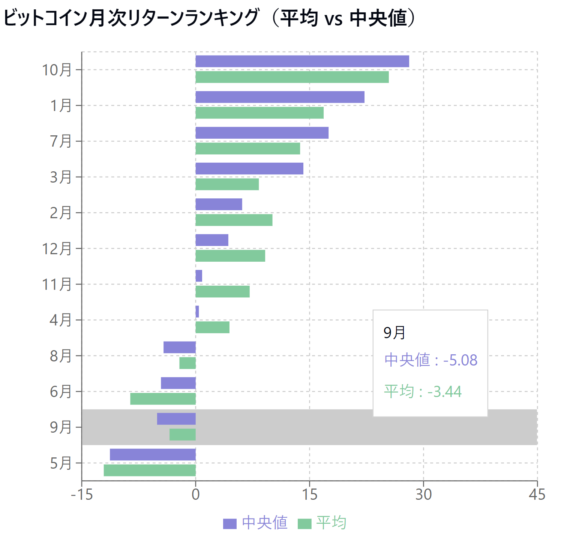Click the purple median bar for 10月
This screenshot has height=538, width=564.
tap(302, 61)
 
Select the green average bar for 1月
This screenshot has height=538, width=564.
tap(259, 113)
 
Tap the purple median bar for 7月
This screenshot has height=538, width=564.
tap(262, 133)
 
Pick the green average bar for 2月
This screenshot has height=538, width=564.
tap(234, 220)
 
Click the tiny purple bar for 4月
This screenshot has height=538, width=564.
tap(197, 312)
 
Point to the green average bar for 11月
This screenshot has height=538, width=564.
tap(222, 292)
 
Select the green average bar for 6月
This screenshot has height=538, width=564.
tap(163, 399)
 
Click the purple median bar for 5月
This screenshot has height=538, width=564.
tap(153, 455)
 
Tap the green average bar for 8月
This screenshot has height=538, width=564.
tap(187, 363)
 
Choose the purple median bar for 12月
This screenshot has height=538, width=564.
tap(212, 240)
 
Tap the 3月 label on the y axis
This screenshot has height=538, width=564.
tap(60, 177)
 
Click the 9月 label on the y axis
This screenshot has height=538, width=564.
tap(60, 427)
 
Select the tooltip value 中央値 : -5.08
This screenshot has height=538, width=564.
tap(431, 360)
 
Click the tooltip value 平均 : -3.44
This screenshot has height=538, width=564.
tap(423, 391)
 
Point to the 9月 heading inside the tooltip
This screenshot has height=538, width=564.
tap(394, 333)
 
